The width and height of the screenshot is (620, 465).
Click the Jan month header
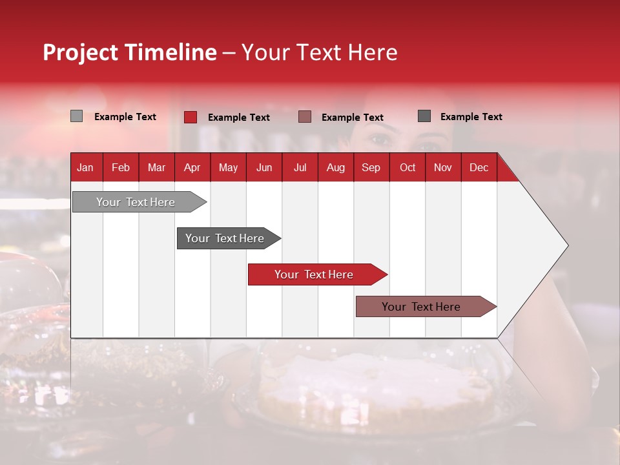click(x=85, y=167)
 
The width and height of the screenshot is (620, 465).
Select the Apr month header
click(x=192, y=167)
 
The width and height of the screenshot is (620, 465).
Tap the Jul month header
click(x=300, y=167)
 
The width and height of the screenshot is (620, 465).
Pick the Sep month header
click(x=371, y=167)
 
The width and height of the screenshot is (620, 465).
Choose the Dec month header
click(x=479, y=167)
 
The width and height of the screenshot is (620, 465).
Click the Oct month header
click(x=408, y=167)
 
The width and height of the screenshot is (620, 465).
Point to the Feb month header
click(x=121, y=167)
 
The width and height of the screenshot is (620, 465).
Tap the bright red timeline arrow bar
click(x=315, y=274)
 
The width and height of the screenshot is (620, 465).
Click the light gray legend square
click(x=76, y=116)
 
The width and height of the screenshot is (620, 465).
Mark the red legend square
click(x=191, y=117)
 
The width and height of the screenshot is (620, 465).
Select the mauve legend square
click(x=305, y=117)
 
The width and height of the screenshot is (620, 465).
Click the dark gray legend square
click(x=424, y=116)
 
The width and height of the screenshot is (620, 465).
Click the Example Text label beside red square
click(x=238, y=118)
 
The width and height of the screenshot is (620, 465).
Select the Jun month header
click(x=264, y=167)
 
